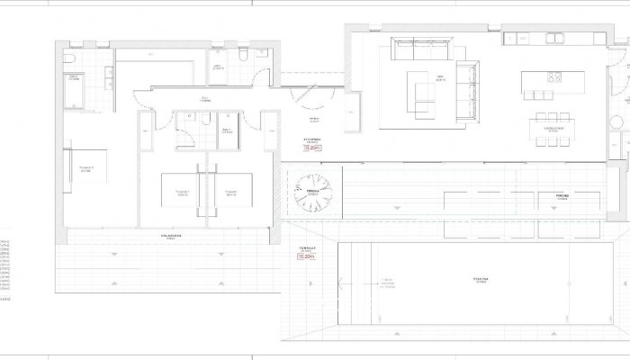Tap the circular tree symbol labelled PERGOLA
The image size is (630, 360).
tap(313, 192)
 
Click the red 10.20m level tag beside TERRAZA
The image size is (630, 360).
tap(305, 256)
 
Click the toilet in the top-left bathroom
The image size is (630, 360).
tap(69, 58)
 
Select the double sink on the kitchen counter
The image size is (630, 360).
tap(551, 38)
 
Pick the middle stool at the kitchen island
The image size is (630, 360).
tap(538, 95)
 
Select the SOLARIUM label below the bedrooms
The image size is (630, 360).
tap(171, 236)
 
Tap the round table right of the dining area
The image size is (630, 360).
tap(617, 123)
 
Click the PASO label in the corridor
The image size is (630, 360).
tap(205, 98)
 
